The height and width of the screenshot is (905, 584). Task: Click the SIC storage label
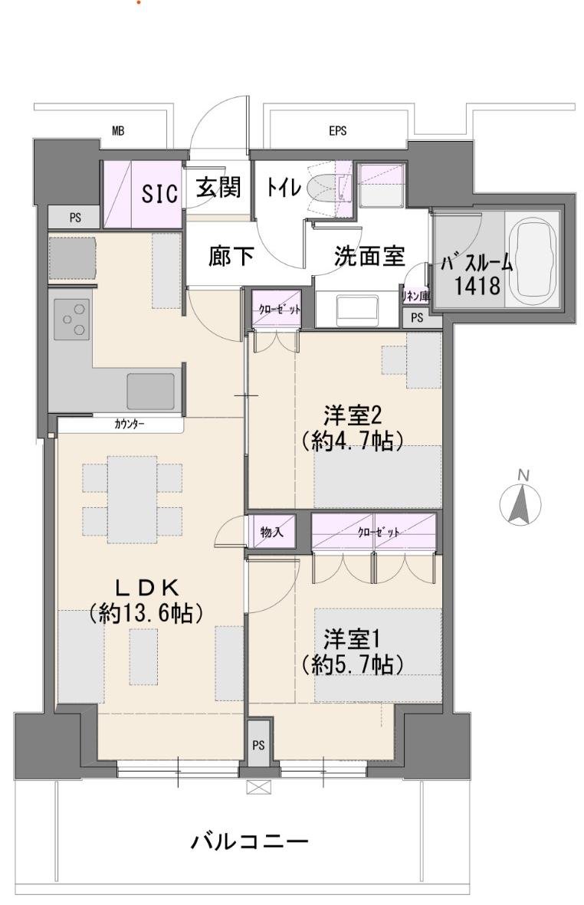[160, 193]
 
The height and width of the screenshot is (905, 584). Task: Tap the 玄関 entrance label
[218, 188]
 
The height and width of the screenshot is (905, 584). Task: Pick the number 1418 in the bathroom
[477, 286]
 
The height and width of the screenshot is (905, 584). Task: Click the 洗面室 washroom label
[369, 256]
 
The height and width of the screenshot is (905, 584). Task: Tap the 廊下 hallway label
[231, 256]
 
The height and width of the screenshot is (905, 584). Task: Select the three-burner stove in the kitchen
[72, 320]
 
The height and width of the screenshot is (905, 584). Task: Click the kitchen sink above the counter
[151, 392]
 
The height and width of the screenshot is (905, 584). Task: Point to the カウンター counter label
[130, 425]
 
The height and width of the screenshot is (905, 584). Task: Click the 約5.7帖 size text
[352, 665]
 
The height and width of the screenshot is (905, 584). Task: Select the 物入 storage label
[271, 531]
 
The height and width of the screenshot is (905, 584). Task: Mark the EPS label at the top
[337, 131]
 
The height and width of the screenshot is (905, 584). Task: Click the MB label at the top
[118, 131]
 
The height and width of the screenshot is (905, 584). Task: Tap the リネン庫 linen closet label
[416, 296]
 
